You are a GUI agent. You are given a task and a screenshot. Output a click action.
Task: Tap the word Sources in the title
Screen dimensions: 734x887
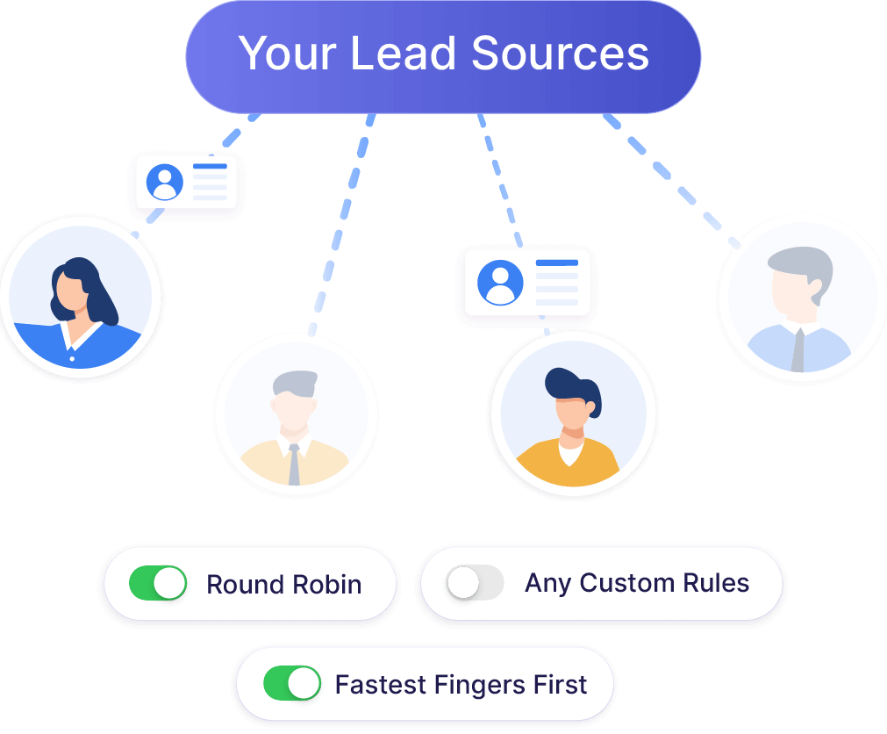[561, 54]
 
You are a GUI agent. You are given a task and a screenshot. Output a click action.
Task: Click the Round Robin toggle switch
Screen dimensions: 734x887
[158, 584]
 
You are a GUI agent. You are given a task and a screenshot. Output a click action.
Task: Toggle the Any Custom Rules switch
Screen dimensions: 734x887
[475, 583]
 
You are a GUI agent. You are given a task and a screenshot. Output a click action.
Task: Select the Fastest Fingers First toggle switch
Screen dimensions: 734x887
[292, 684]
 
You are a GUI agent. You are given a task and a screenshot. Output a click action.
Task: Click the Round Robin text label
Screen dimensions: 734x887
[283, 585]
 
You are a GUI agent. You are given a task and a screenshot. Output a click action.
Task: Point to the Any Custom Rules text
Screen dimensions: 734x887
[637, 583]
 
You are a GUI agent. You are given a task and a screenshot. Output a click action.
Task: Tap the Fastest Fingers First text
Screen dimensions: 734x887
[461, 685]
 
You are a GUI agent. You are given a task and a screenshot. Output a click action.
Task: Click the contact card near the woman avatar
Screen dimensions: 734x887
[186, 183]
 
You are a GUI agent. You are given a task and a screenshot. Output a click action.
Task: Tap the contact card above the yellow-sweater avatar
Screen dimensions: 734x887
[527, 282]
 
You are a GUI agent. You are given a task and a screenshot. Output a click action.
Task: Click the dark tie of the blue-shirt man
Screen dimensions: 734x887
[798, 349]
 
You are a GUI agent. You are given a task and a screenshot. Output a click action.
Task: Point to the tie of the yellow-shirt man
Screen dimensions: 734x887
[294, 464]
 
